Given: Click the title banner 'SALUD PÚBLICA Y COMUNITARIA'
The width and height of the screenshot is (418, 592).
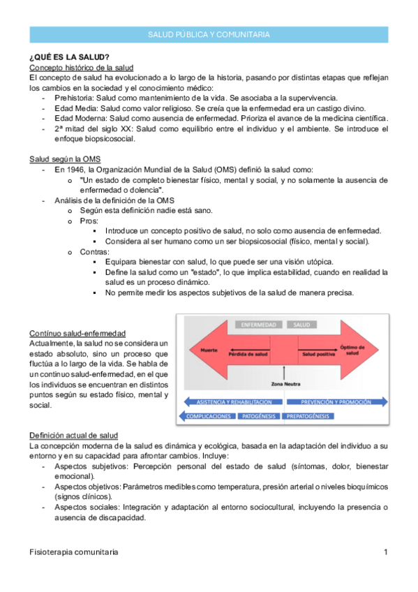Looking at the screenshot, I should point(209,34).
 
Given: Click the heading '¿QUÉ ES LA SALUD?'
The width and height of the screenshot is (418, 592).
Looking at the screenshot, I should point(68,57).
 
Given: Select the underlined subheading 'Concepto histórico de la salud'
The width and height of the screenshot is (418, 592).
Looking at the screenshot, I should point(81,68).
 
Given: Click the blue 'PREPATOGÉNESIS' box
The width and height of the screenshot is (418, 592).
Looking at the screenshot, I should point(308,416).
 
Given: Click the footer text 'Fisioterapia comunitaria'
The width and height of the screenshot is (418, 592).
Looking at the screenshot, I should point(73,552).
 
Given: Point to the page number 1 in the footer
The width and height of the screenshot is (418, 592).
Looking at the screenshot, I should point(385,552).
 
